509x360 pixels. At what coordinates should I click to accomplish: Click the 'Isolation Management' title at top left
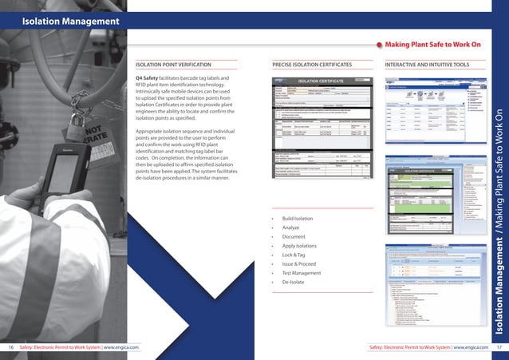coord(71,21)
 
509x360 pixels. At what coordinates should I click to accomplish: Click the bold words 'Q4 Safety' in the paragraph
coord(151,77)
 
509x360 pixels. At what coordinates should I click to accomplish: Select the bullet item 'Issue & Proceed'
coord(298,263)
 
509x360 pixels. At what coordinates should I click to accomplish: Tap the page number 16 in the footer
coord(11,347)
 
